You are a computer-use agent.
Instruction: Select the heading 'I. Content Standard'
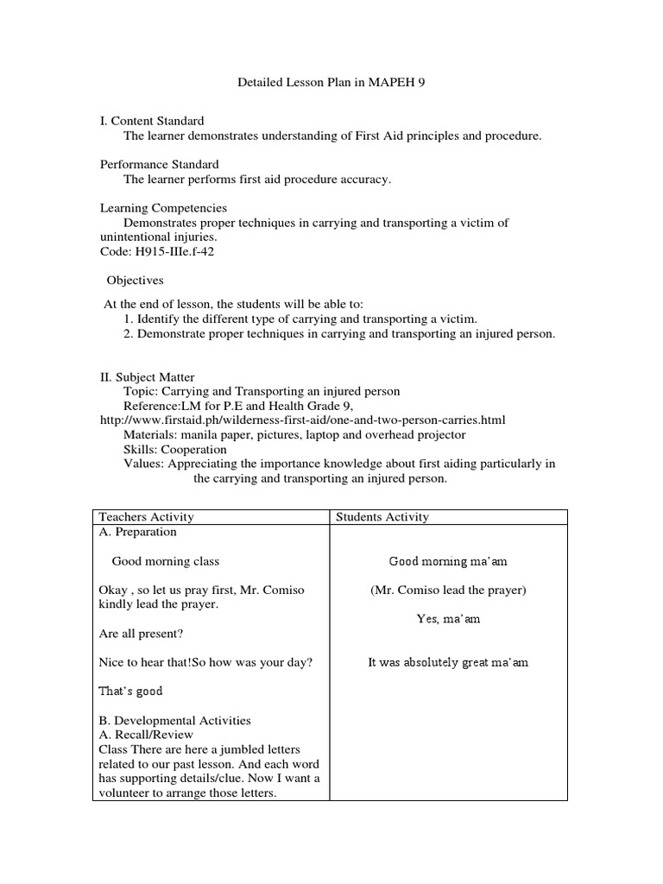[152, 121]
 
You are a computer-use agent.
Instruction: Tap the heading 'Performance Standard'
[159, 164]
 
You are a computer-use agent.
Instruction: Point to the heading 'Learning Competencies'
[163, 208]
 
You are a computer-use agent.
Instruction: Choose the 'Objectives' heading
[135, 281]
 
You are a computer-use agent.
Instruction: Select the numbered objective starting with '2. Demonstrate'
[339, 333]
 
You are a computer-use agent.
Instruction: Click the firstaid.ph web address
[302, 420]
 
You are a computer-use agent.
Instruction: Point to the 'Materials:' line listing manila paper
[294, 434]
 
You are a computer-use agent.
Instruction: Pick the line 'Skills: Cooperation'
[175, 449]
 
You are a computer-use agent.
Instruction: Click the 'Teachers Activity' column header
[147, 517]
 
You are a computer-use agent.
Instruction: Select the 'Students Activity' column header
[382, 517]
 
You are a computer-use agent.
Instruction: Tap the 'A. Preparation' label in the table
[138, 532]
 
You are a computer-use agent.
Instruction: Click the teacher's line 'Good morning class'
[166, 561]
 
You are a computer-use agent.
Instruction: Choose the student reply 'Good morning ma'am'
[448, 561]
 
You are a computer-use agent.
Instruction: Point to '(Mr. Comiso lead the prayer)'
[448, 590]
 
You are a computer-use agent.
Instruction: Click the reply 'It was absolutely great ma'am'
[448, 662]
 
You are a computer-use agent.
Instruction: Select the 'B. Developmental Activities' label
[175, 720]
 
